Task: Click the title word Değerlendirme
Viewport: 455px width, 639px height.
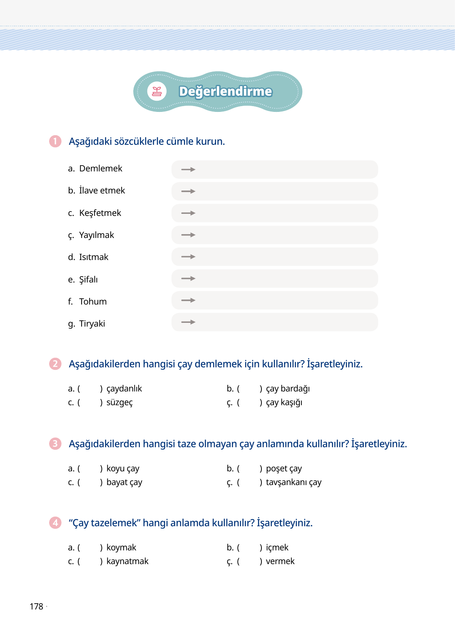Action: click(x=225, y=92)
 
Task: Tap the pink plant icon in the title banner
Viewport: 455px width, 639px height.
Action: click(x=157, y=92)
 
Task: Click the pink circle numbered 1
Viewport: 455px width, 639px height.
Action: click(x=55, y=141)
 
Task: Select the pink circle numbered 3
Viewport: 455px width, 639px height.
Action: click(x=55, y=443)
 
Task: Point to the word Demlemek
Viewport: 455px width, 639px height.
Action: click(x=101, y=168)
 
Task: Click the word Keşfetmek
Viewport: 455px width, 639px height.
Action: click(x=100, y=213)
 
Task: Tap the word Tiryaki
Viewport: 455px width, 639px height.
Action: click(x=92, y=324)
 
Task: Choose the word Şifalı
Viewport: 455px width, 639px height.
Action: click(x=88, y=280)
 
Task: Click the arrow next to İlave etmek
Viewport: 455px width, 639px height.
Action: click(x=188, y=191)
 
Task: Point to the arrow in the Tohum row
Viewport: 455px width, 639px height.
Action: click(x=188, y=300)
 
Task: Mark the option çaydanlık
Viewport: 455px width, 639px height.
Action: click(x=124, y=389)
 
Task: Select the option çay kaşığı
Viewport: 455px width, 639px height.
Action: click(x=284, y=402)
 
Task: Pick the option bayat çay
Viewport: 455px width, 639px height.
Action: click(x=124, y=482)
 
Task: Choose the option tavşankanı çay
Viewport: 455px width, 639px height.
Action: click(x=293, y=482)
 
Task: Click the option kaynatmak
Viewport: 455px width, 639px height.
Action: click(x=127, y=561)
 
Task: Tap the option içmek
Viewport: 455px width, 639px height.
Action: click(x=277, y=547)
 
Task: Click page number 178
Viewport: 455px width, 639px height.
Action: click(x=36, y=607)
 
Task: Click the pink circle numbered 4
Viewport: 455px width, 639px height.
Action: click(x=55, y=523)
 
